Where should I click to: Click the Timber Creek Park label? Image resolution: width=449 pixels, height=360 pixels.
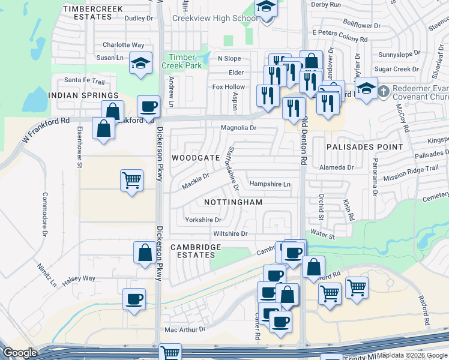(182, 61)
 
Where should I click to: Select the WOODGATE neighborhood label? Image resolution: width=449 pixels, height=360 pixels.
(196, 157)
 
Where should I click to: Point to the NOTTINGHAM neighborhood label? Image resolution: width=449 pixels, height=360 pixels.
(233, 202)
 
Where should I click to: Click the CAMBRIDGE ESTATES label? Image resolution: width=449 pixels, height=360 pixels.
(196, 251)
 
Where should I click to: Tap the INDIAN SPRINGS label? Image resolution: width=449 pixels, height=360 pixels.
(83, 95)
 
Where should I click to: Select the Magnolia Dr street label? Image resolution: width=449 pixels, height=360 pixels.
(238, 128)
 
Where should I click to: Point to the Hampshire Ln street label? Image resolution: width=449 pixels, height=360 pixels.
(270, 184)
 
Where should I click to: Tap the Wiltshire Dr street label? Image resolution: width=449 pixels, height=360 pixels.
(230, 233)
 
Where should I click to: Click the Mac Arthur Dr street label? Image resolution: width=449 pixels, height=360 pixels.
(184, 329)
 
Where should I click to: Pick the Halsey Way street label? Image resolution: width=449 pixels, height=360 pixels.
(79, 278)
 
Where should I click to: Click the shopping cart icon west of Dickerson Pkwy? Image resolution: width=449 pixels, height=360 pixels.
(131, 179)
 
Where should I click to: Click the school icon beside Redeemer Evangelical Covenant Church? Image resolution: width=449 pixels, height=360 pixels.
(366, 89)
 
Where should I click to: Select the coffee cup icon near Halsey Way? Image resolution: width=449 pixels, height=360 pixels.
(134, 299)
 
